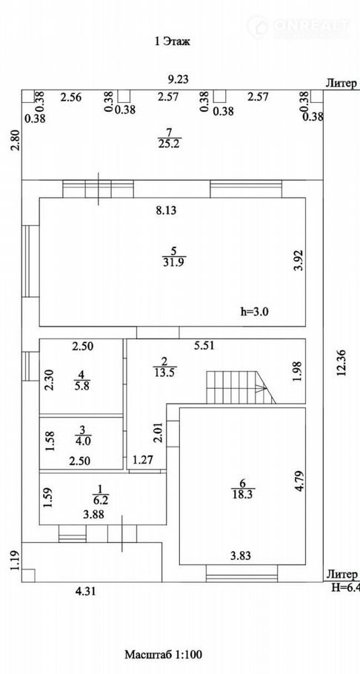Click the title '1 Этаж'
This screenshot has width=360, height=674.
tap(172, 41)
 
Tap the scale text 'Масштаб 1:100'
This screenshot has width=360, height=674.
tap(164, 655)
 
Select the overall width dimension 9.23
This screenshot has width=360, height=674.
tap(178, 79)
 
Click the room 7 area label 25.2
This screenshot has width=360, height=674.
tap(168, 144)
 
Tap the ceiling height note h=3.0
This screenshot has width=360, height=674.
tap(254, 312)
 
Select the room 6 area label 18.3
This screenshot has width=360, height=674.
tap(243, 494)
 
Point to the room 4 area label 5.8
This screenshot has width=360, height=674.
tap(81, 386)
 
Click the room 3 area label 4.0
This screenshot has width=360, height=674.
tap(81, 441)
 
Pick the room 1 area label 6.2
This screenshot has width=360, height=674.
tap(100, 500)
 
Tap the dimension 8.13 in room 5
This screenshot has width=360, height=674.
tap(167, 210)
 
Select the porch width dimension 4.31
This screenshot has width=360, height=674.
tap(85, 592)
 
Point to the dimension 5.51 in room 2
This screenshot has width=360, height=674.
tap(204, 344)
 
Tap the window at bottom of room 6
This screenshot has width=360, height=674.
tap(241, 573)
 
